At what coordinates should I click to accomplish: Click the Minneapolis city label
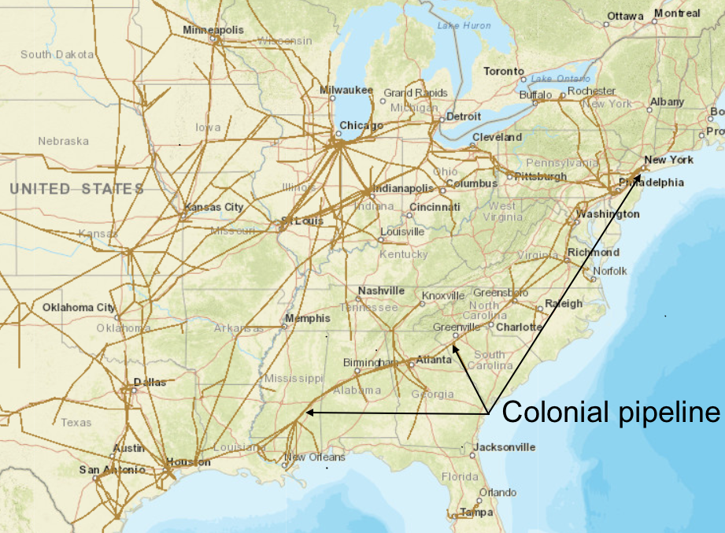213,30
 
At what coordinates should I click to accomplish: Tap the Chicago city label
361,125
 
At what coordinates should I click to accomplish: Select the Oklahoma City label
79,307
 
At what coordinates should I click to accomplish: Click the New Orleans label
315,457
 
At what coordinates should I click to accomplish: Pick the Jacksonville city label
504,447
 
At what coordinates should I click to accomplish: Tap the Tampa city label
477,513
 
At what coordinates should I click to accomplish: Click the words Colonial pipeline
611,413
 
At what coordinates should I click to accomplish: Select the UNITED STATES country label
76,189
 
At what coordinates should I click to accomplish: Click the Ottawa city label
626,17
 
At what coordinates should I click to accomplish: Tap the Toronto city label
504,72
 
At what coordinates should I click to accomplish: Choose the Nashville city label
381,291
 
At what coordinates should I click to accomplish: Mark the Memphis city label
308,318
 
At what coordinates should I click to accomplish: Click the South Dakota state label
57,54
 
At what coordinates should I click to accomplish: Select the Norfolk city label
610,271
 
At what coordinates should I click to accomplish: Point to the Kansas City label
213,207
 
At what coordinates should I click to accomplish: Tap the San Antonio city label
112,470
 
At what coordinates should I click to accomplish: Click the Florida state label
460,477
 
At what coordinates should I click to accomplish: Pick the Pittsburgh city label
541,176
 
